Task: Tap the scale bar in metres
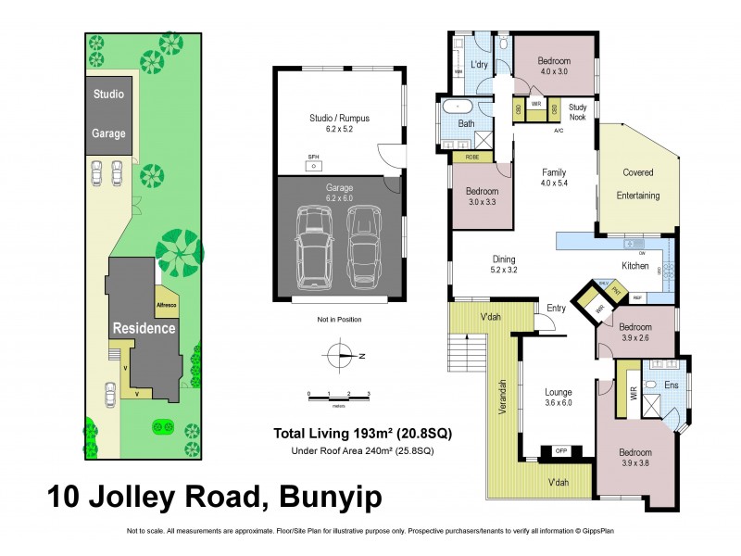[x=338, y=396]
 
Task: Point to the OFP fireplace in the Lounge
[x=560, y=450]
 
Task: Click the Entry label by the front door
[x=556, y=308]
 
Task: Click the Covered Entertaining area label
[x=639, y=183]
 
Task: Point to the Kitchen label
[x=634, y=266]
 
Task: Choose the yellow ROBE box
[x=472, y=158]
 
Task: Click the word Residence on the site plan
[x=144, y=328]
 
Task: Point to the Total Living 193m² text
[x=361, y=433]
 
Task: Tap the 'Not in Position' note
[x=339, y=320]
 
